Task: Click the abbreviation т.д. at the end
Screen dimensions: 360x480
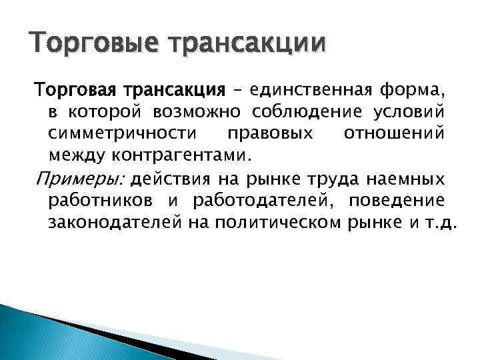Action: [439, 225]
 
